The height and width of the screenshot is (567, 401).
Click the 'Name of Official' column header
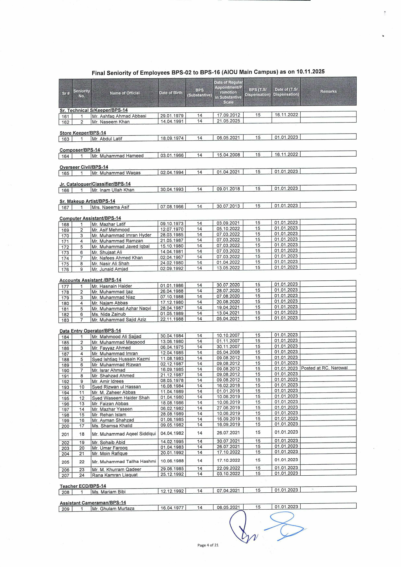pyautogui.click(x=125, y=93)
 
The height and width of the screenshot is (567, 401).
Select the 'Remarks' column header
pyautogui.click(x=328, y=91)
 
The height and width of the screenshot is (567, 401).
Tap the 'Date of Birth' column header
pyautogui.click(x=171, y=93)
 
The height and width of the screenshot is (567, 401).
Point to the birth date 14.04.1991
pyautogui.click(x=172, y=121)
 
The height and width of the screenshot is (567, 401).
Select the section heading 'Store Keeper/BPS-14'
pyautogui.click(x=83, y=133)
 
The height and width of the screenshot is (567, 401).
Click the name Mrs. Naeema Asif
pyautogui.click(x=110, y=207)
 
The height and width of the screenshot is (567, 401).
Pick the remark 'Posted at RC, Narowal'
pyautogui.click(x=324, y=368)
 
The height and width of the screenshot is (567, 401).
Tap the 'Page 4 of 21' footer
pyautogui.click(x=208, y=545)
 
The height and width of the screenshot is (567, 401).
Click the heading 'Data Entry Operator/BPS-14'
pyautogui.click(x=90, y=331)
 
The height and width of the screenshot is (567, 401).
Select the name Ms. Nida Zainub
pyautogui.click(x=109, y=314)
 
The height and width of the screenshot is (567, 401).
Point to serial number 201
pyautogui.click(x=65, y=434)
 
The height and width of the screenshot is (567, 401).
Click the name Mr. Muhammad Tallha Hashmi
pyautogui.click(x=124, y=461)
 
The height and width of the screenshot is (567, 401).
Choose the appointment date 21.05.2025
pyautogui.click(x=228, y=121)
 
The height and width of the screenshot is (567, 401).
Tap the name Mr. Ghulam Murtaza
pyautogui.click(x=113, y=509)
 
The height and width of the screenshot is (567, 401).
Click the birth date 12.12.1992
pyautogui.click(x=172, y=491)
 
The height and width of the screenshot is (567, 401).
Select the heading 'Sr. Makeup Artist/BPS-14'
pyautogui.click(x=87, y=201)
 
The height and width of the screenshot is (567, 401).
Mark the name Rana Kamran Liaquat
pyautogui.click(x=115, y=475)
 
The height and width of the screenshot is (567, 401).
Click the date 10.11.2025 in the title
pyautogui.click(x=310, y=72)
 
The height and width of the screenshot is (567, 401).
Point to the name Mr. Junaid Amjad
pyautogui.click(x=110, y=269)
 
